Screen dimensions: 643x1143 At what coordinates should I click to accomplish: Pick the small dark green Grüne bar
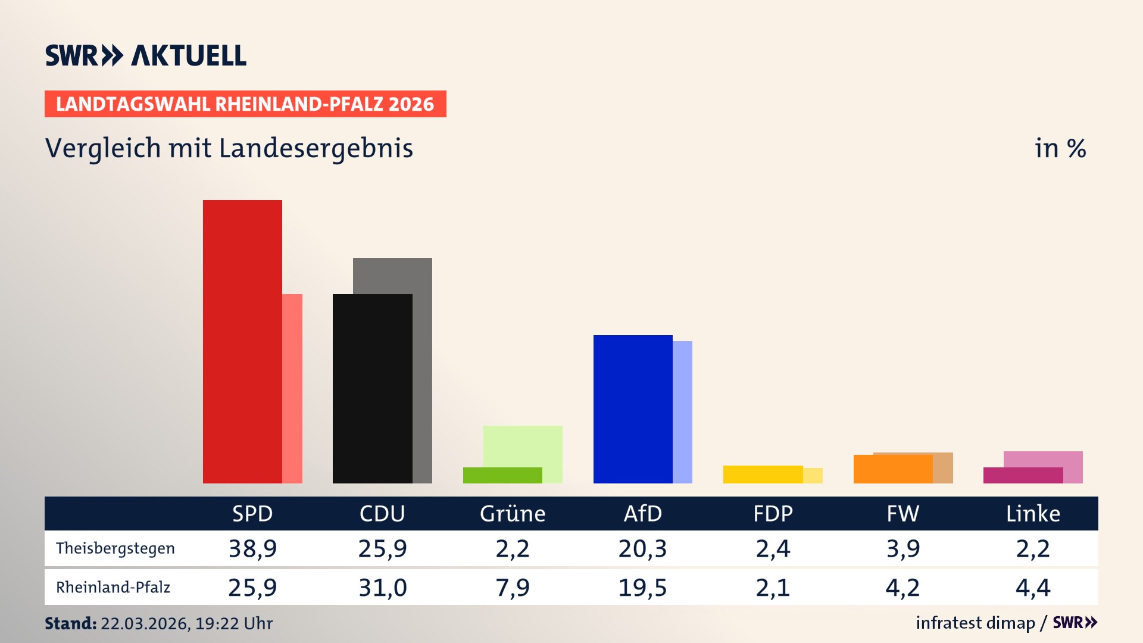tap(502, 475)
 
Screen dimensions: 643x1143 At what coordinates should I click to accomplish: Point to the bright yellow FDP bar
tap(763, 474)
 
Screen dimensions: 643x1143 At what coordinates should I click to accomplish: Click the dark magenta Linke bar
tap(1023, 475)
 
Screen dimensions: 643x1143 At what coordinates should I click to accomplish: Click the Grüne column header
tap(513, 514)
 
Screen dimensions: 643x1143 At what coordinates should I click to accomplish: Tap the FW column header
tap(902, 514)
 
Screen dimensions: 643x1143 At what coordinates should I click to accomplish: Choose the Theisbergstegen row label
tap(115, 548)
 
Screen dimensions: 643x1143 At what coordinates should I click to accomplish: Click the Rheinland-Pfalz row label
tap(113, 588)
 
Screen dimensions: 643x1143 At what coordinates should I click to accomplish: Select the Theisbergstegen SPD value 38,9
tap(252, 548)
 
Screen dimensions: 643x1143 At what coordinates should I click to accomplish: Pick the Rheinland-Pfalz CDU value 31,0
tap(382, 588)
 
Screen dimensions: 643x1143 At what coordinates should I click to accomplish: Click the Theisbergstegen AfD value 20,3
tap(642, 548)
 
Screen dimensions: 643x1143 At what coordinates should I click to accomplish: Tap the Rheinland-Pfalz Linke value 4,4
tap(1033, 588)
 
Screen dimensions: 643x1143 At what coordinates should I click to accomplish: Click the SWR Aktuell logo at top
tap(146, 55)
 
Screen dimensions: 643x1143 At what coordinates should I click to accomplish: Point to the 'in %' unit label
tap(1060, 148)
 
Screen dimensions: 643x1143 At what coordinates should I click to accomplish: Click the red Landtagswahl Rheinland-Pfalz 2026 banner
tap(245, 104)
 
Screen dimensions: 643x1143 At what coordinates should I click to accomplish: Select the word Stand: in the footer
tap(70, 623)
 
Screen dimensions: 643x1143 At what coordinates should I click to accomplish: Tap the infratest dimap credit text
tap(975, 623)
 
